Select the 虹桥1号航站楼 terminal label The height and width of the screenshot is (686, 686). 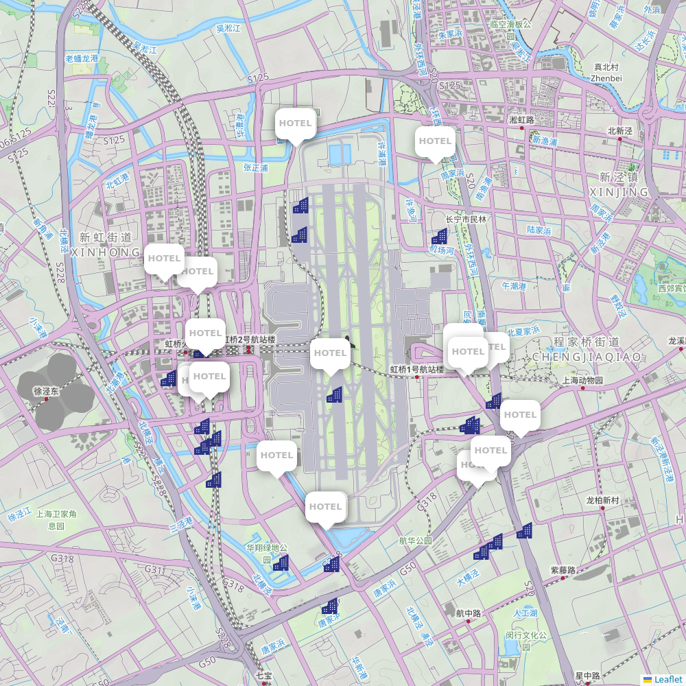(417, 370)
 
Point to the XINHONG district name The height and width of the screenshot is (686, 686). (106, 252)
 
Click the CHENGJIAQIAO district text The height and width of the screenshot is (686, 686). (587, 357)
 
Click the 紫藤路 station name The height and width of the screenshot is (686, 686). (563, 569)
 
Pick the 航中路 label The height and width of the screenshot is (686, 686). (468, 613)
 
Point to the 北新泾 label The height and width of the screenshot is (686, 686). (619, 130)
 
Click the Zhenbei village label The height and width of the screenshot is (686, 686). (606, 78)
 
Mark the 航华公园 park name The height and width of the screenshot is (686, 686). (416, 541)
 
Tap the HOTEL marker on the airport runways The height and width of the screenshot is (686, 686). (330, 355)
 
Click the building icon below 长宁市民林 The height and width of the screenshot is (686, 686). (440, 237)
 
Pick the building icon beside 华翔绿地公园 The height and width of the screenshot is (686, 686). (281, 563)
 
